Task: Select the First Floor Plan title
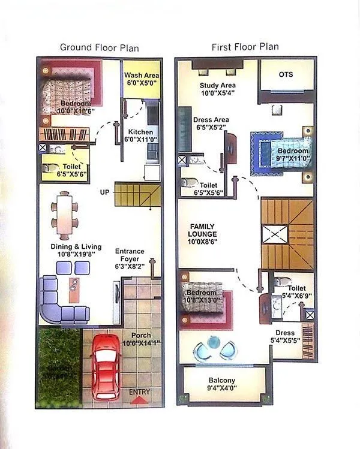point(245,47)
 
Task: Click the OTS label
point(286,74)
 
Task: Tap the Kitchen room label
point(140,132)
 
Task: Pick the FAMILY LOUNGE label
point(202,230)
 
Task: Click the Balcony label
point(221,381)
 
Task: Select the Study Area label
point(217,85)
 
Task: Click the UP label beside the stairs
point(104,193)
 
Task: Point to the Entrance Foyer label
point(129,255)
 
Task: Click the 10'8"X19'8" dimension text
point(79,255)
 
